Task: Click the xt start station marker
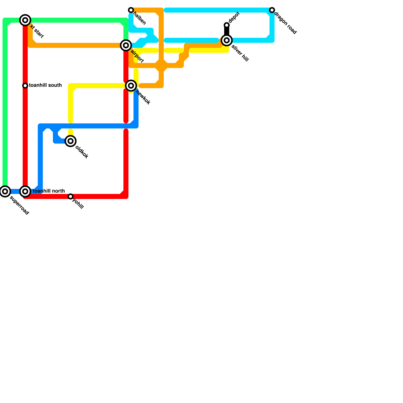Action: pos(25,20)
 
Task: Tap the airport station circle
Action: pos(126,45)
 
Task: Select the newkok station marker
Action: pos(131,86)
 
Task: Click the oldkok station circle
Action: pos(71,141)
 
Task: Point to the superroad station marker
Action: pos(5,191)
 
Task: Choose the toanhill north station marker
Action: pos(25,191)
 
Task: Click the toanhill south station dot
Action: pos(25,86)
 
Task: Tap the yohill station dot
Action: pos(71,196)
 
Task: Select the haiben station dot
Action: pos(131,10)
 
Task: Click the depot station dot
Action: pos(227,25)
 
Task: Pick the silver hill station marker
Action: pos(227,40)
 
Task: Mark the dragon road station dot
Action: pos(272,10)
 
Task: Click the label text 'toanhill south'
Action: pos(45,85)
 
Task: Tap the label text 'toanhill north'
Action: pos(49,191)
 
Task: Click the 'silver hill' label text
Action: pos(240,53)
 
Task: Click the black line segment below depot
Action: pos(227,31)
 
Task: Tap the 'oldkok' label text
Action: pos(82,152)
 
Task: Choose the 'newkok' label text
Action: pos(143,97)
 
